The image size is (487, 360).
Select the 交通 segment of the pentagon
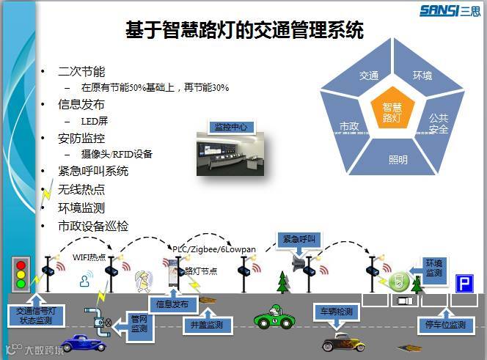click(x=369, y=76)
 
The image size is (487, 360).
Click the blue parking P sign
click(x=464, y=283)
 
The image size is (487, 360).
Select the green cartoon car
click(x=274, y=317)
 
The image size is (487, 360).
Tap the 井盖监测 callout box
click(x=206, y=323)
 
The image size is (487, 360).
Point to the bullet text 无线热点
click(x=81, y=189)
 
